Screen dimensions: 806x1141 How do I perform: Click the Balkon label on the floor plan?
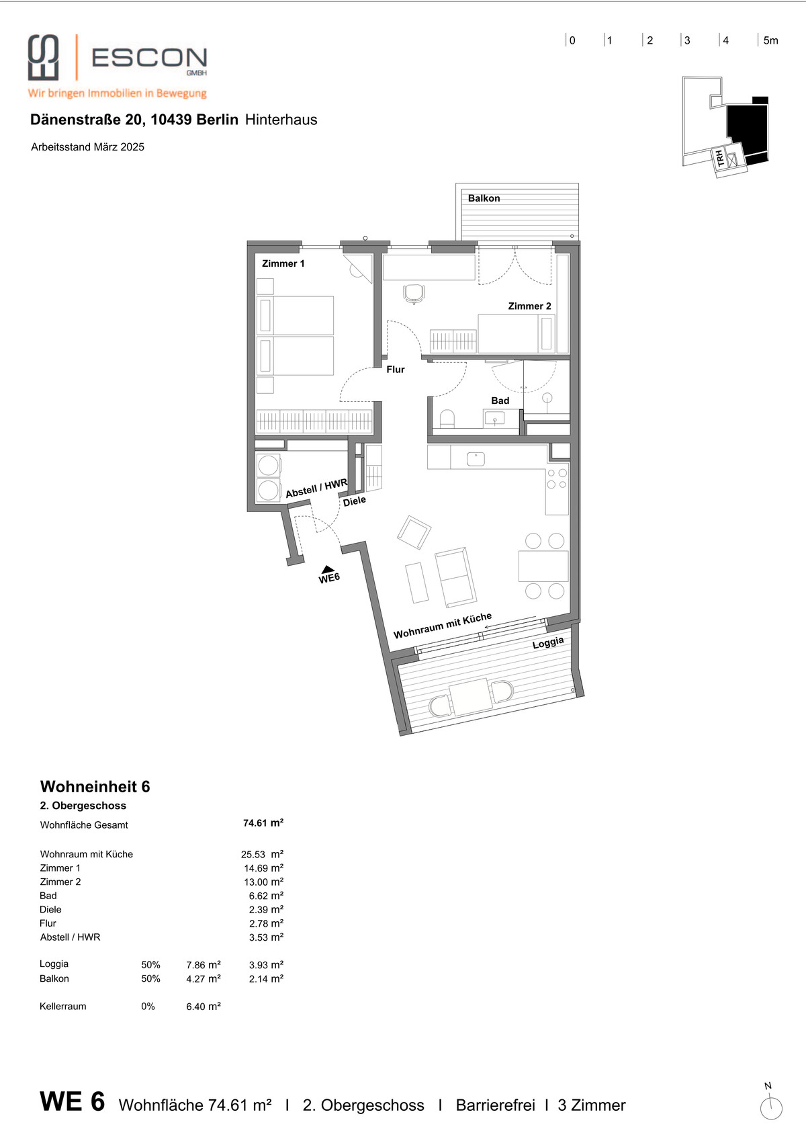484,198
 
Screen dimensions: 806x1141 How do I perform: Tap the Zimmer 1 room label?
283,263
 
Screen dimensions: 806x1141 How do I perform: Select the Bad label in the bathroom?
500,400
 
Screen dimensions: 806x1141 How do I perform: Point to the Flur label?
395,370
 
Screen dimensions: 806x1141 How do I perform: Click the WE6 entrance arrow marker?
328,569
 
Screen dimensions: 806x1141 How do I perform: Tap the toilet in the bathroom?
447,419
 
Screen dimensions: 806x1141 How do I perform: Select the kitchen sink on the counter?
476,459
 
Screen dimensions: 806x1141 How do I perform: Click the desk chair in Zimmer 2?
414,294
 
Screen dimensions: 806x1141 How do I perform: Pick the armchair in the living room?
414,532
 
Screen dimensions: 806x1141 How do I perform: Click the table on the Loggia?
471,698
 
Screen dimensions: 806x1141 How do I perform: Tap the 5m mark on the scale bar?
770,41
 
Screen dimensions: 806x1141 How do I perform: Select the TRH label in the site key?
720,158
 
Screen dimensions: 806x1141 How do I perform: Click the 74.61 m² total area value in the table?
263,822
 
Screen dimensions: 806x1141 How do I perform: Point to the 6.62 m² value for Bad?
266,896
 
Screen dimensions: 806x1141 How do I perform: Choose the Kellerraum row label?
63,1006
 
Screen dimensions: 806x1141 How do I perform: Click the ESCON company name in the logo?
149,58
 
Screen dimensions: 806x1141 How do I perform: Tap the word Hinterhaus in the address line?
281,120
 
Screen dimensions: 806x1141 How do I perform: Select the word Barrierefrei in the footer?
496,1105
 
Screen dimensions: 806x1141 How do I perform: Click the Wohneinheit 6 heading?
95,786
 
